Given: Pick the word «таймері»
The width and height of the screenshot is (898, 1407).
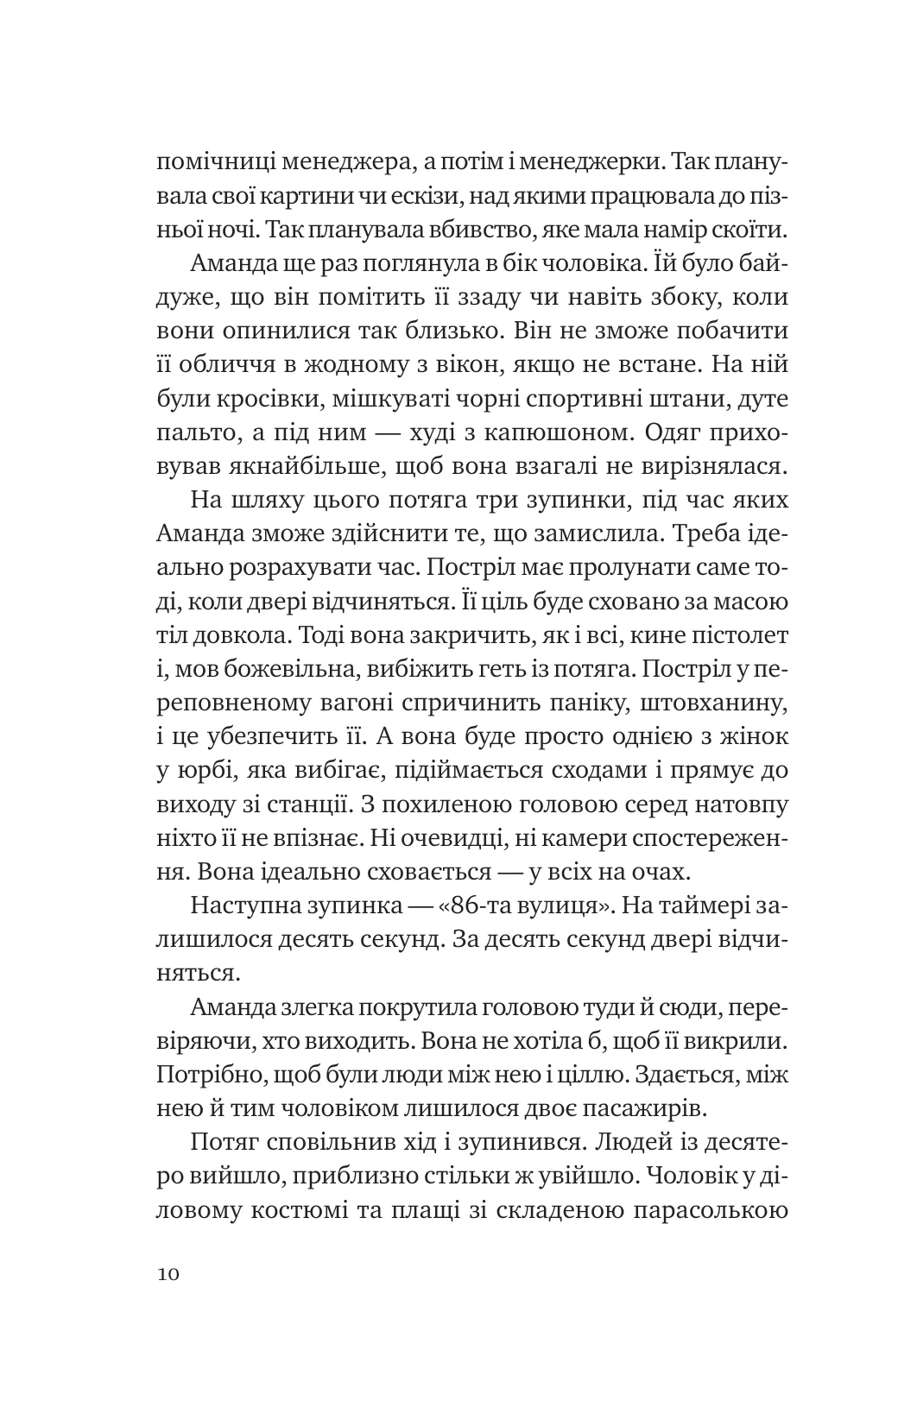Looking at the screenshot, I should coord(696,909).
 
